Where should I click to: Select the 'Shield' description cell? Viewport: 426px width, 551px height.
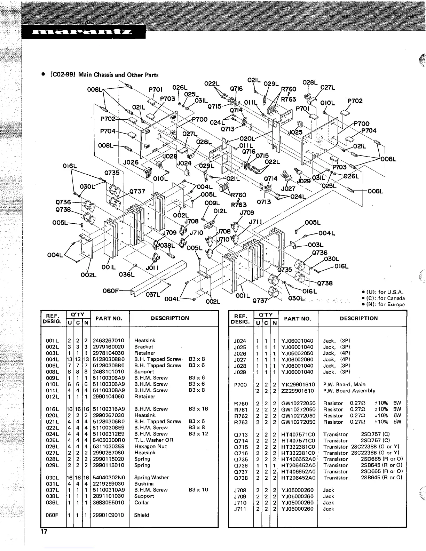pos(142,515)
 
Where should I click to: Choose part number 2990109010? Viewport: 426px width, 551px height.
pos(108,515)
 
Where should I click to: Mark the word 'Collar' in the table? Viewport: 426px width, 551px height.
pos(142,503)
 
